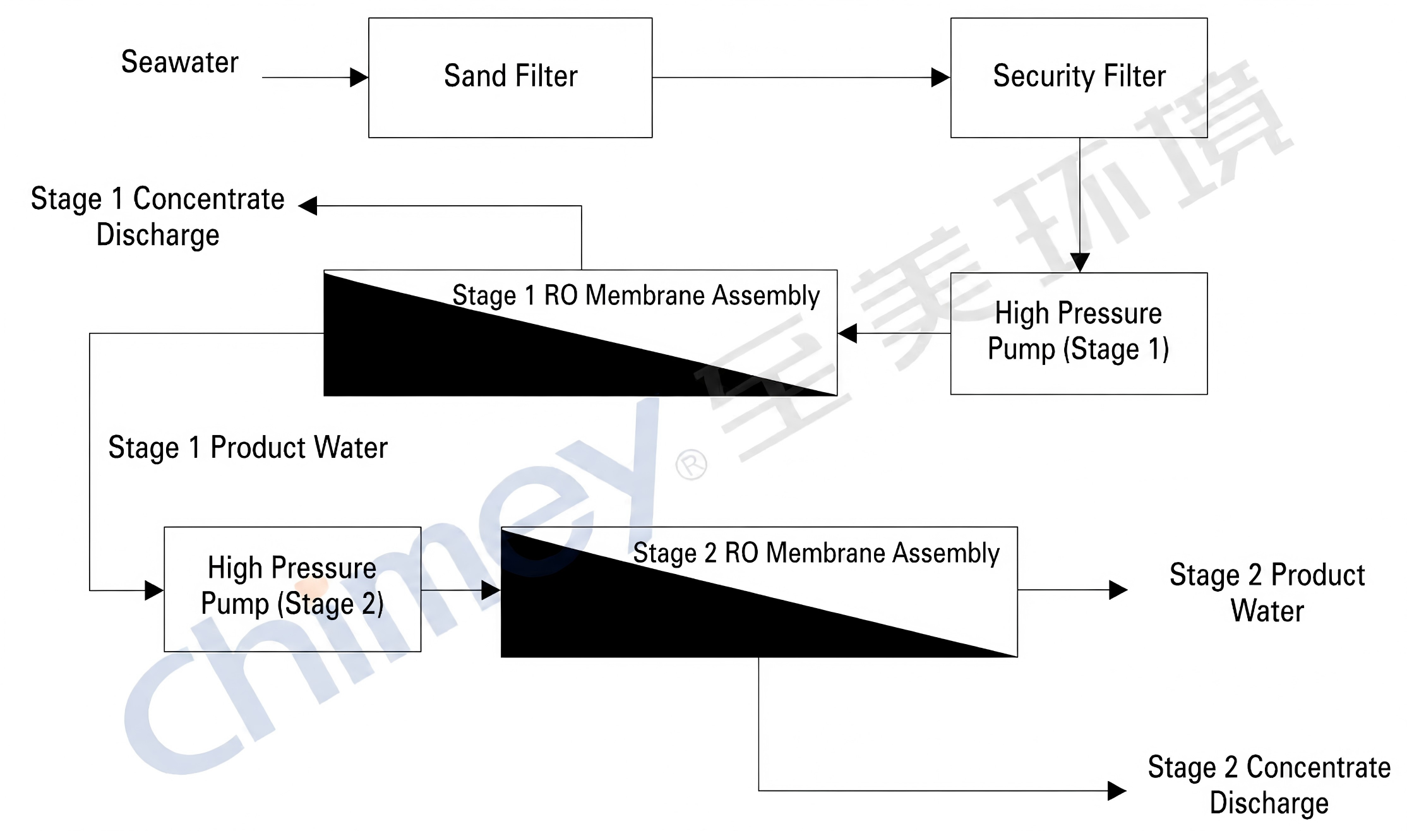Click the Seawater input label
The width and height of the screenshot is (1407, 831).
tap(180, 63)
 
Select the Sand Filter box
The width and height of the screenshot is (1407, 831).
tap(510, 77)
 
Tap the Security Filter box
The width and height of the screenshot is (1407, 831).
tap(1079, 77)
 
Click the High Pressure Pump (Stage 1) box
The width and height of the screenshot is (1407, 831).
tap(1079, 333)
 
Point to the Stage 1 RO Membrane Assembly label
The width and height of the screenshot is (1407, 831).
tap(636, 296)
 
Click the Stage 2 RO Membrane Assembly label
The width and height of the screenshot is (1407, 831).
tap(816, 553)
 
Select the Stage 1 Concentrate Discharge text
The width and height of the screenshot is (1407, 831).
tap(158, 217)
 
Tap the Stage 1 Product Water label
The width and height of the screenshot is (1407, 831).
tap(248, 448)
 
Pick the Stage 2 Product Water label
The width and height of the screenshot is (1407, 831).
tap(1267, 593)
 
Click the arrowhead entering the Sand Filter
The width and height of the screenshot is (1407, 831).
tap(359, 78)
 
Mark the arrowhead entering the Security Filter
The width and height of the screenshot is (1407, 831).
tap(941, 78)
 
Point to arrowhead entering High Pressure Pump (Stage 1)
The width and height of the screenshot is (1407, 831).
tap(1080, 262)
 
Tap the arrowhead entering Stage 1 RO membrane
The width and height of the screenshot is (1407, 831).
tap(847, 333)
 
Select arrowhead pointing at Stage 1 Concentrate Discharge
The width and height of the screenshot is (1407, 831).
tap(308, 206)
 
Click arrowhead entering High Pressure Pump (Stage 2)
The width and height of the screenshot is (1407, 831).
tap(154, 590)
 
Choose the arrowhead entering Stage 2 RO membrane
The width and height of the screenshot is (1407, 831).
tap(491, 590)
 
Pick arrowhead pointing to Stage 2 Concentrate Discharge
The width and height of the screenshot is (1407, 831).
tap(1117, 791)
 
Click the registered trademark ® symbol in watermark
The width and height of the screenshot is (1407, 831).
tap(692, 465)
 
